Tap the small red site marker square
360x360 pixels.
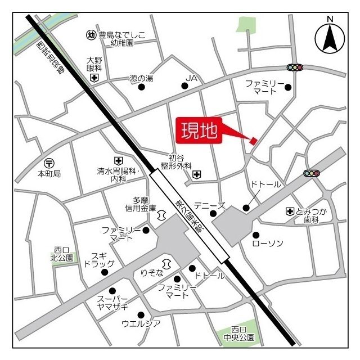click(254, 140)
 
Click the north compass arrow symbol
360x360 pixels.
click(330, 38)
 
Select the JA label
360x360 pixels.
click(193, 78)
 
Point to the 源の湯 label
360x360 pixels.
click(141, 78)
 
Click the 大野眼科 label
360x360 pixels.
click(94, 63)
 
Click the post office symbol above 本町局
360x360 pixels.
click(49, 163)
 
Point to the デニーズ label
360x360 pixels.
click(209, 205)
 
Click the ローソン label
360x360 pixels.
click(268, 243)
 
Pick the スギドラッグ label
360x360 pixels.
click(100, 259)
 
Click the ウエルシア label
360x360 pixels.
click(141, 323)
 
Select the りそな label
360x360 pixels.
click(151, 273)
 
